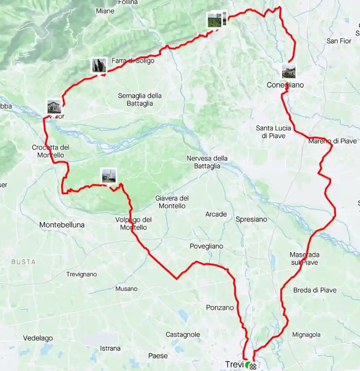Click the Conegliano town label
[x=285, y=85]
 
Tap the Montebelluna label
[x=62, y=224]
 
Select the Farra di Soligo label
[x=133, y=61]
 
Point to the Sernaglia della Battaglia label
[x=140, y=100]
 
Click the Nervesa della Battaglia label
[x=207, y=162]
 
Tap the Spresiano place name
[x=251, y=219]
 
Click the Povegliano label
[x=207, y=246]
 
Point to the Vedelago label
[x=38, y=338]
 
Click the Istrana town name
[x=110, y=348]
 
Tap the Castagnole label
[x=183, y=335]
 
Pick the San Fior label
[x=339, y=41]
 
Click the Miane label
[x=105, y=11]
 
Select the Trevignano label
[x=81, y=274]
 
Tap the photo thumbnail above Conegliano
[x=289, y=71]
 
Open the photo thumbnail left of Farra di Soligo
[x=99, y=65]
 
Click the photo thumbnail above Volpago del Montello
[x=109, y=176]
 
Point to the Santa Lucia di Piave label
[x=271, y=132]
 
